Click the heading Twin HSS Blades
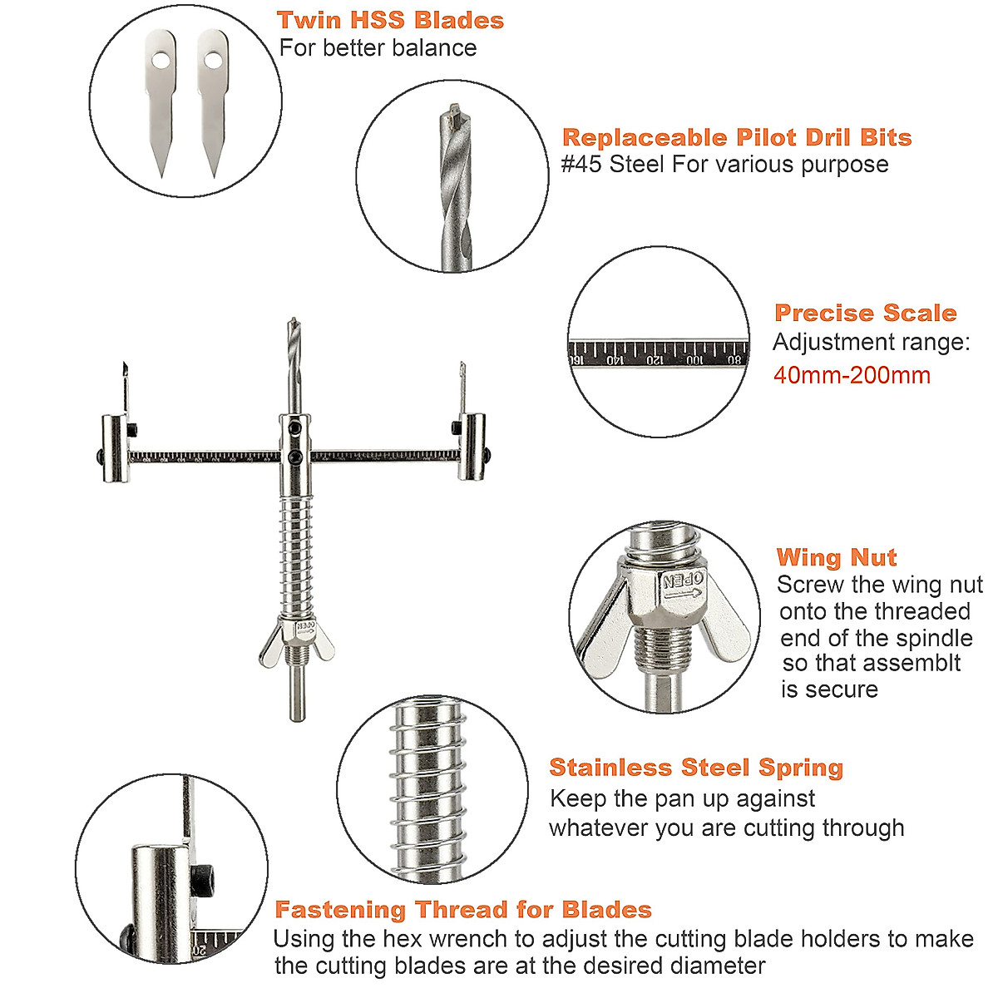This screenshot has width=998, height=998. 390,20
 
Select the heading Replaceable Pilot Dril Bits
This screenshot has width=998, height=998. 737,137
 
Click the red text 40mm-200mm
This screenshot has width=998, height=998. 852,375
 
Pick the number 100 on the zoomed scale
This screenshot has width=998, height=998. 694,360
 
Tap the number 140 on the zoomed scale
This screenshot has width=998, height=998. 615,360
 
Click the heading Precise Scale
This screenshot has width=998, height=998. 865,313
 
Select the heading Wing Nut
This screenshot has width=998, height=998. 837,557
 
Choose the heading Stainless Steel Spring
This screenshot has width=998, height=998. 696,767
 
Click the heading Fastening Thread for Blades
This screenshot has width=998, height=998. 463,909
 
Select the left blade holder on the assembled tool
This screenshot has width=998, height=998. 115,448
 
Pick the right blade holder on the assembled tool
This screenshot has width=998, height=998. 472,447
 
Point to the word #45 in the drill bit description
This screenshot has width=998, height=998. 581,164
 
